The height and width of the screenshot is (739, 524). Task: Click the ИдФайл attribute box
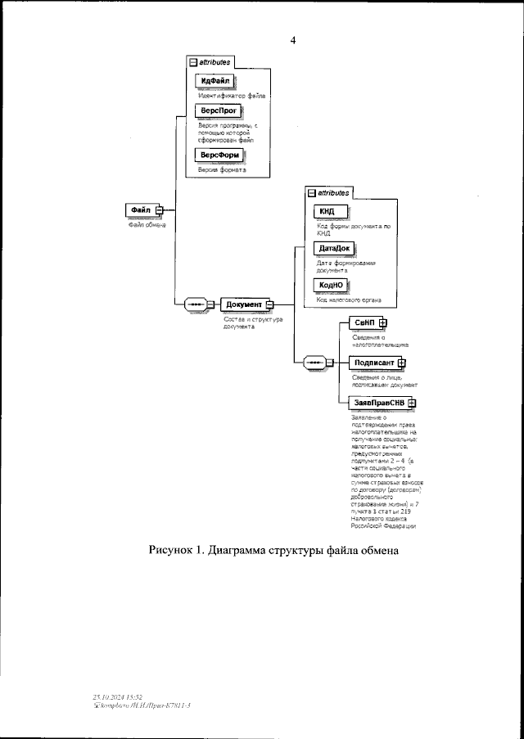pyautogui.click(x=215, y=81)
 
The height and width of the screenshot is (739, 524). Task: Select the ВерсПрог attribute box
pyautogui.click(x=215, y=110)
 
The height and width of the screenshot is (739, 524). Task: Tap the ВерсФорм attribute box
pyautogui.click(x=219, y=155)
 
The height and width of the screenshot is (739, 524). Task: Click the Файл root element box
pyautogui.click(x=140, y=210)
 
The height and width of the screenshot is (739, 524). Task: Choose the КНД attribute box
pyautogui.click(x=327, y=213)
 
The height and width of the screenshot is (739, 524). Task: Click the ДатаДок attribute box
pyautogui.click(x=334, y=248)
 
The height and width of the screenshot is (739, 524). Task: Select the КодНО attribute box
pyautogui.click(x=332, y=284)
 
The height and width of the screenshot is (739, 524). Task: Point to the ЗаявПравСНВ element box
pyautogui.click(x=377, y=403)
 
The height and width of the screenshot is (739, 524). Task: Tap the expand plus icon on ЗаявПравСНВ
pyautogui.click(x=412, y=403)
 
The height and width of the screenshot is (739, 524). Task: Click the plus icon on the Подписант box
pyautogui.click(x=401, y=363)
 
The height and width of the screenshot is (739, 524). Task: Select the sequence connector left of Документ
pyautogui.click(x=196, y=304)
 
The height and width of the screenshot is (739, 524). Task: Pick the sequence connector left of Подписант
pyautogui.click(x=313, y=363)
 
